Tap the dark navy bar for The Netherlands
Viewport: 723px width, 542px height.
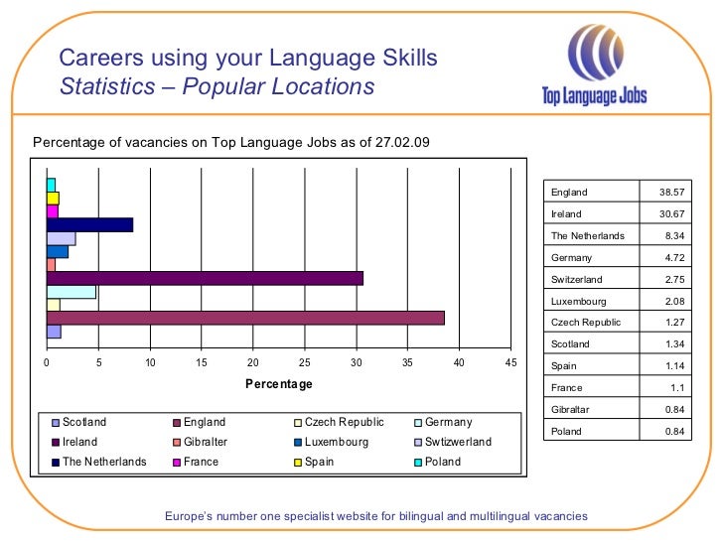point(89,224)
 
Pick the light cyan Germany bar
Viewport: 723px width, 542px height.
point(72,292)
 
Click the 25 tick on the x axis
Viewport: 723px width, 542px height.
point(305,362)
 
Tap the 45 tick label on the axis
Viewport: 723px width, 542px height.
point(510,362)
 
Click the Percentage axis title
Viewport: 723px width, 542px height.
point(279,384)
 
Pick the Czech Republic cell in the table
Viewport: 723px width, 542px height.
point(586,323)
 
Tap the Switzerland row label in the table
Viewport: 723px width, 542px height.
point(576,279)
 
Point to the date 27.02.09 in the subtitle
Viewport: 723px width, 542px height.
point(403,142)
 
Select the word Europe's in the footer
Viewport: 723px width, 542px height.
point(189,516)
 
